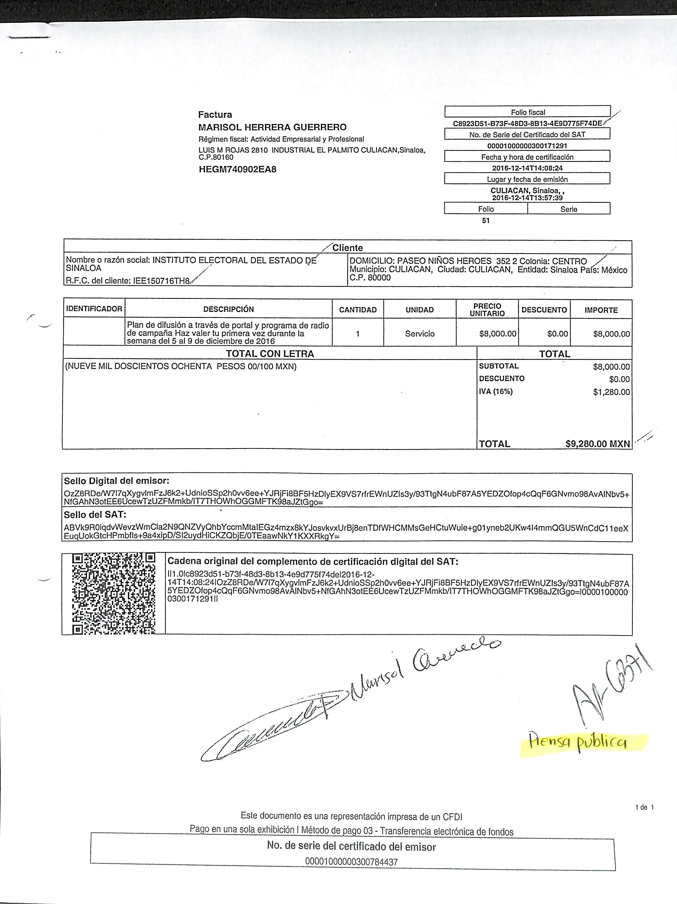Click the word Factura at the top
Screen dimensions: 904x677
click(x=215, y=115)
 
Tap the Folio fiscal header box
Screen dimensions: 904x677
click(x=527, y=112)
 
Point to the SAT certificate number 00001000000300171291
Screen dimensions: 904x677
click(x=527, y=145)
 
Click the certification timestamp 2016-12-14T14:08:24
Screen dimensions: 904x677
click(x=527, y=168)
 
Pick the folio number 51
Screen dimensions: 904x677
click(x=486, y=221)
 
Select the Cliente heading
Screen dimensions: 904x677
click(x=347, y=248)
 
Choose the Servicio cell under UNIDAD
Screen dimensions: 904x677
click(x=419, y=333)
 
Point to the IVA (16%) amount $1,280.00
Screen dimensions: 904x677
click(x=611, y=392)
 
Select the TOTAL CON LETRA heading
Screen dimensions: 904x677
click(x=270, y=354)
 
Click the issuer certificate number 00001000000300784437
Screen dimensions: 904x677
click(x=351, y=862)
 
